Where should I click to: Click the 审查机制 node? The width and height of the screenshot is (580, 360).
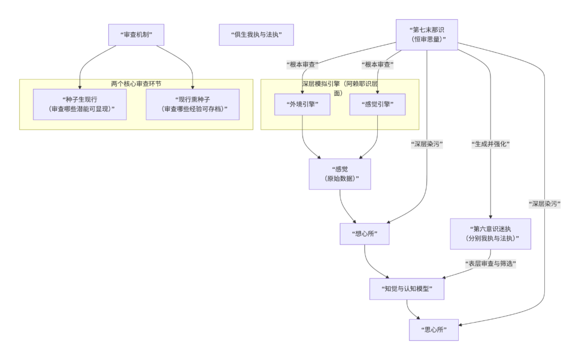136,35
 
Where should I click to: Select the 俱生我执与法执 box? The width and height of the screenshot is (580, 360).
257,35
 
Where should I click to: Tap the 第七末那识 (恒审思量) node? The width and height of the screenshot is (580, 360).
427,34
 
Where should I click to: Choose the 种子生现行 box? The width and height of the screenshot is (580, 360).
79,104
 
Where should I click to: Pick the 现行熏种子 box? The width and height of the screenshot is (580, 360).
193,104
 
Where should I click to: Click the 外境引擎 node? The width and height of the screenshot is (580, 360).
302,104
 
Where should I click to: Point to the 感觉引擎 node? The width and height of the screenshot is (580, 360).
377,104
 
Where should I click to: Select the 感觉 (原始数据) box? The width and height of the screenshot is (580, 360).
339,174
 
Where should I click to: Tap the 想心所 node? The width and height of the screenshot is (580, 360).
364,234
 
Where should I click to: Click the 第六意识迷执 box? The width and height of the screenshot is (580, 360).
491,234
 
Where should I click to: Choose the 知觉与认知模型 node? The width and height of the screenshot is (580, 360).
407,289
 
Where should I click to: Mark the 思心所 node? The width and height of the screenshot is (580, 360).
433,330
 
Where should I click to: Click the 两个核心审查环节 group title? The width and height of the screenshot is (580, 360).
136,84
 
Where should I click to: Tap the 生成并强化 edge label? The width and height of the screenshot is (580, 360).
491,144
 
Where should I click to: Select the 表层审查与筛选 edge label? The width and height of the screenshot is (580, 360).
491,264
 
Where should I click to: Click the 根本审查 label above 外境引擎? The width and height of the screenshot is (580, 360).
302,65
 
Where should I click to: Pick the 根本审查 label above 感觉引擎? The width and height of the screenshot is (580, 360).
377,65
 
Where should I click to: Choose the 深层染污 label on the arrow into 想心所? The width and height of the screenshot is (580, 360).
427,144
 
